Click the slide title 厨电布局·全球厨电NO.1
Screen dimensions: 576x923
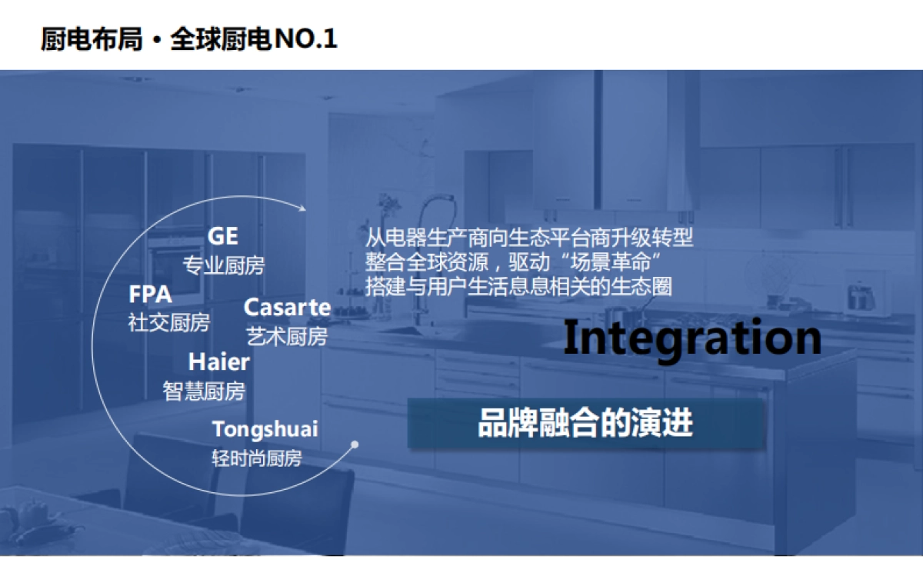[x=188, y=38]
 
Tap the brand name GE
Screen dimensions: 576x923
[x=223, y=236]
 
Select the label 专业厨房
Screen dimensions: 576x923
[x=224, y=266]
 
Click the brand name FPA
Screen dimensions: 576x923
[x=150, y=295]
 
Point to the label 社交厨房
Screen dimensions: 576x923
[x=168, y=323]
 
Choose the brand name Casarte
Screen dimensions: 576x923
[x=287, y=308]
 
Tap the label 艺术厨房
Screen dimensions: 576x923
[x=287, y=336]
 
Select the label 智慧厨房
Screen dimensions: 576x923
[x=204, y=391]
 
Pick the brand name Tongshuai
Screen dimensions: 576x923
[x=265, y=428]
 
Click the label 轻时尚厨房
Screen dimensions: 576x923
[x=257, y=459]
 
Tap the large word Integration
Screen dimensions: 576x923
[x=691, y=338]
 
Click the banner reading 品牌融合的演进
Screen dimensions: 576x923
[x=585, y=423]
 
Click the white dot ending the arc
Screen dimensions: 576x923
[x=355, y=444]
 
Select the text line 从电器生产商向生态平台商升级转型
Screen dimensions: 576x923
[x=529, y=237]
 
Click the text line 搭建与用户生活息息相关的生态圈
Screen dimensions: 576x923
[x=519, y=286]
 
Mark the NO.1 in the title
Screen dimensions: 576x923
[x=306, y=38]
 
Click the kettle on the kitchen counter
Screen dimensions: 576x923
[x=859, y=295]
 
